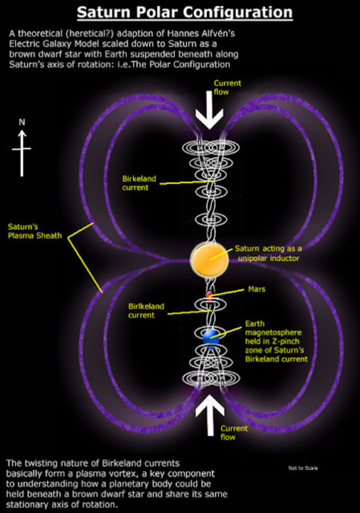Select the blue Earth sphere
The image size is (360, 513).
pos(211,337)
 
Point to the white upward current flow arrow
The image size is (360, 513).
pos(210,415)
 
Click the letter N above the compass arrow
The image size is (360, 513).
pos(22,122)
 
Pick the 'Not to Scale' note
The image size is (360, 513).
pos(303,468)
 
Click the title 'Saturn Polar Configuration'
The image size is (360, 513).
pos(184,13)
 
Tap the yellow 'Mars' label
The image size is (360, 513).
pos(257,289)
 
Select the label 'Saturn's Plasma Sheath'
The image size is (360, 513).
pos(35,231)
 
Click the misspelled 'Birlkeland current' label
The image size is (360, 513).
pos(146,310)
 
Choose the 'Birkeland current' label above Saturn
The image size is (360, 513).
pos(139,183)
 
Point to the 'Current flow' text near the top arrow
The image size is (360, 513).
pos(227,87)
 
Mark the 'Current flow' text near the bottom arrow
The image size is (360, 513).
pos(234,432)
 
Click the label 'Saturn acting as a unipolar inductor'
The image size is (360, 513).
pos(268,253)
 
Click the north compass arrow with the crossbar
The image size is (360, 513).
pos(22,153)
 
